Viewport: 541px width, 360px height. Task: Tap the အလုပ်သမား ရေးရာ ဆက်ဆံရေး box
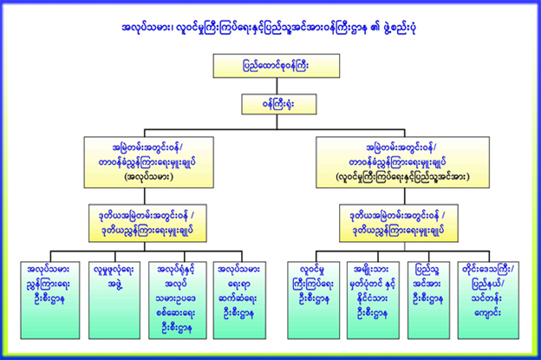pos(237,287)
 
